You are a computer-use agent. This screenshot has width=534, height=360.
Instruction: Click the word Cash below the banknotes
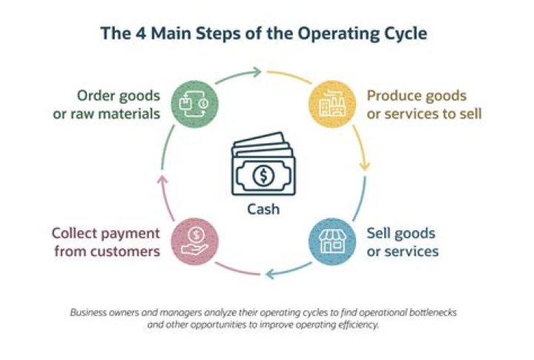point(263,209)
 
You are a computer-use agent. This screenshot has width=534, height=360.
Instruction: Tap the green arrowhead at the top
point(256,72)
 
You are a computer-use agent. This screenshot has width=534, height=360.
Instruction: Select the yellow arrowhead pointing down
point(364,166)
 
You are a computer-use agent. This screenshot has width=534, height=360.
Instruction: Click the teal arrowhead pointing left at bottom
point(271,275)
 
